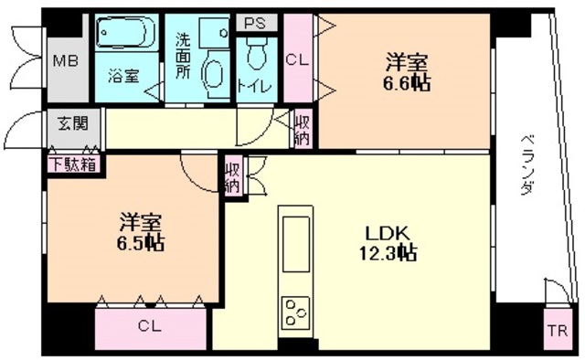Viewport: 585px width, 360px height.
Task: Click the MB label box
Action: point(63,62)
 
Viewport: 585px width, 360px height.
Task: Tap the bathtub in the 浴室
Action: point(126,35)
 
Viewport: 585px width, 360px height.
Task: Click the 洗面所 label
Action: point(182,57)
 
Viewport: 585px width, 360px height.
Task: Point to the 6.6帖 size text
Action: point(407,82)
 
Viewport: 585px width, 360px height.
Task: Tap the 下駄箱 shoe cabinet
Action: point(73,164)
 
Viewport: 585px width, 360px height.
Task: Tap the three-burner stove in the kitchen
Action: point(297,313)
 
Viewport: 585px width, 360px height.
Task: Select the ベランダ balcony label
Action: point(527,162)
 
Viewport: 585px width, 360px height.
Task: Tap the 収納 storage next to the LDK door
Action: point(233,175)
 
